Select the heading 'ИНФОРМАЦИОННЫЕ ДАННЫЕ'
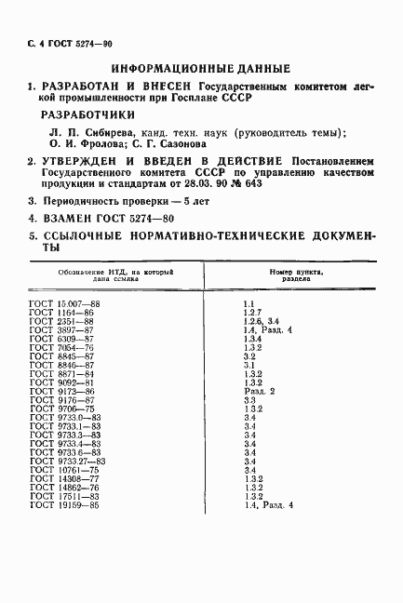tap(201, 69)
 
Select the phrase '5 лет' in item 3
tap(193, 201)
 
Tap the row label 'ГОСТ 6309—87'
tap(60, 339)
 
